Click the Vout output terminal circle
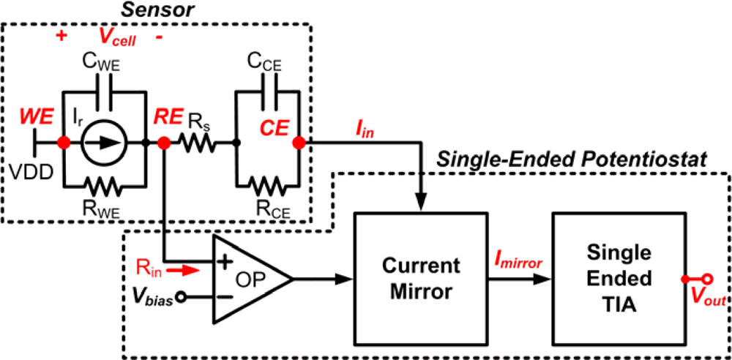point(708,279)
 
